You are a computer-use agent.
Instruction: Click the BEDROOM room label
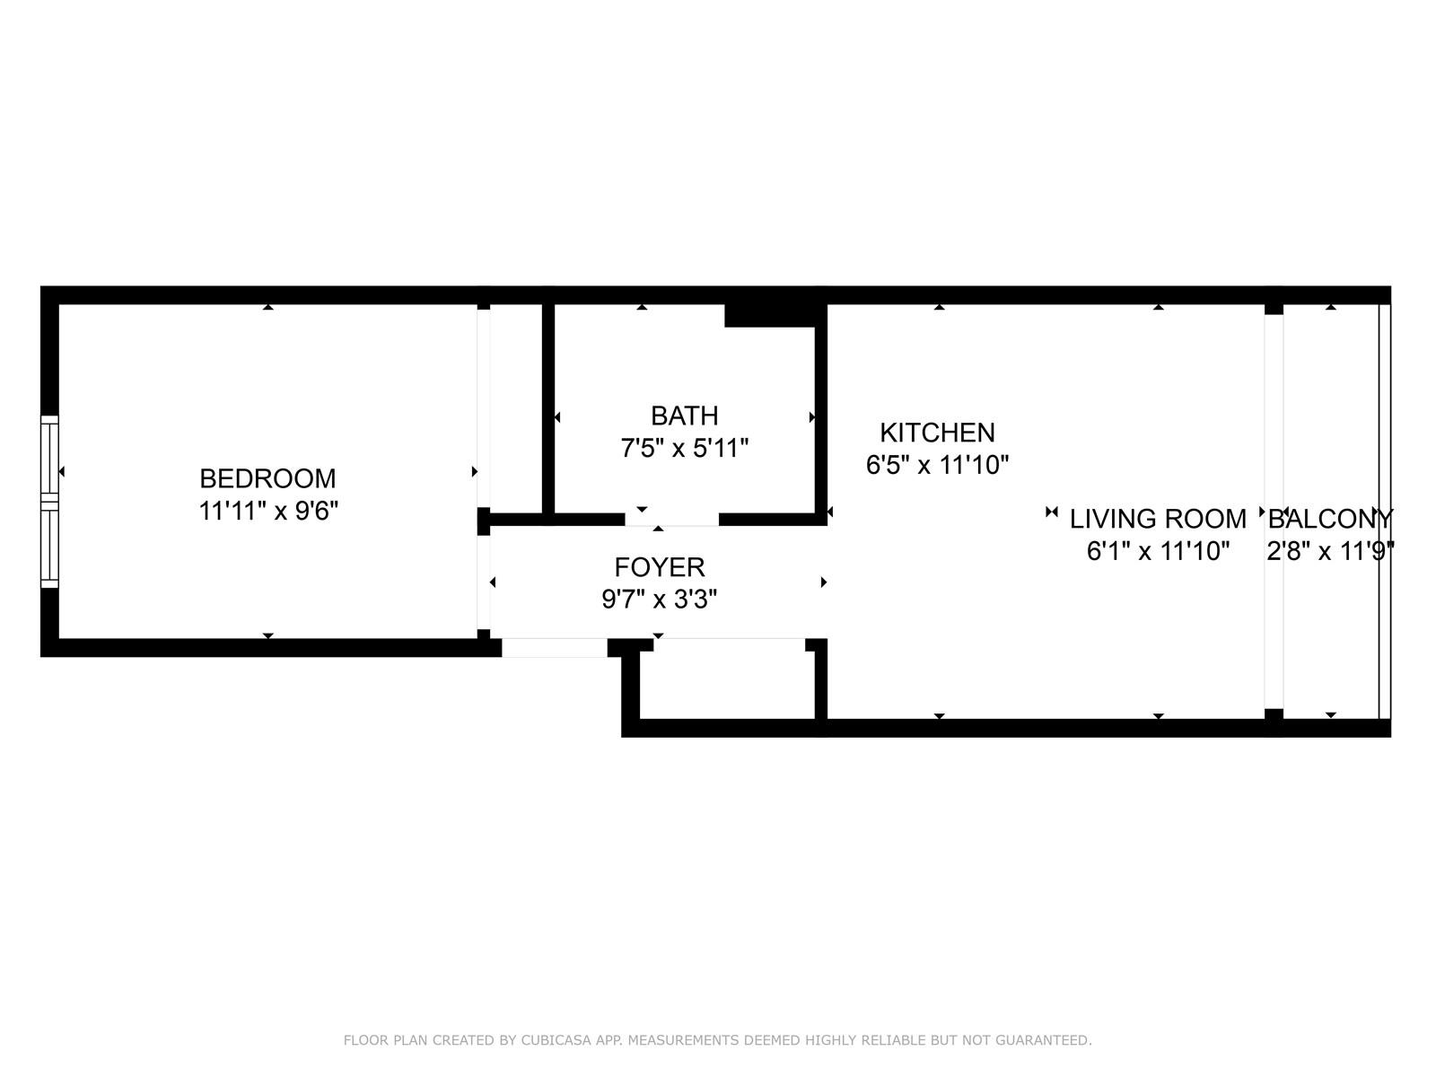tap(267, 478)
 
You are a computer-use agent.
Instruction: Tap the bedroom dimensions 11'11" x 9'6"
tap(268, 512)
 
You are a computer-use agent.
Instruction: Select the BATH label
tap(684, 416)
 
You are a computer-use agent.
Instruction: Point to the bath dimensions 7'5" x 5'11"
tap(684, 449)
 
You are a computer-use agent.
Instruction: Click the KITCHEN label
tap(937, 433)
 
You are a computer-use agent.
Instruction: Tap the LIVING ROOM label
tap(1157, 520)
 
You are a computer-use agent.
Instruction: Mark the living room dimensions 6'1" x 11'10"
tap(1158, 551)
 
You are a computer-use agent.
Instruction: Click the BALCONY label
tap(1331, 520)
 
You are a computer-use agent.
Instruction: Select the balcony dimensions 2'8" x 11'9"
tap(1331, 551)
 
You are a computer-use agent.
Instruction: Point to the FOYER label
tap(660, 567)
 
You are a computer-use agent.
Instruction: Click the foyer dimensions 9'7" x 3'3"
tap(660, 599)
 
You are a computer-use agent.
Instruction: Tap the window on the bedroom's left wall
tap(49, 502)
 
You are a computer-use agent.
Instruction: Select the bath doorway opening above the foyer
tap(672, 520)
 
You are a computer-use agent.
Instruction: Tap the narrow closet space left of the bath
tap(515, 408)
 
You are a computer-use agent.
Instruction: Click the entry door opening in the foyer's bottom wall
tap(555, 647)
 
